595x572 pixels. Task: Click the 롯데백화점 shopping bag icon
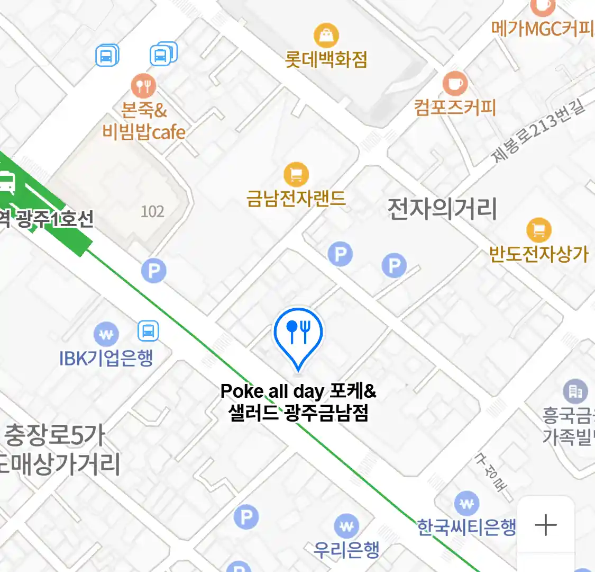pyautogui.click(x=326, y=35)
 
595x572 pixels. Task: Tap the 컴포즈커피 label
pyautogui.click(x=455, y=108)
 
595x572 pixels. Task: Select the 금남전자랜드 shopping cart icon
pyautogui.click(x=296, y=174)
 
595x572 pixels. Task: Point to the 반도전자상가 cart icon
pyautogui.click(x=539, y=230)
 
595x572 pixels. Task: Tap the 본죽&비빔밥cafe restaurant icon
pyautogui.click(x=143, y=85)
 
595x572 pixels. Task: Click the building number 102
pyautogui.click(x=152, y=212)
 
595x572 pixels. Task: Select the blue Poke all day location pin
pyautogui.click(x=298, y=334)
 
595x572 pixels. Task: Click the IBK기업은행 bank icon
pyautogui.click(x=106, y=334)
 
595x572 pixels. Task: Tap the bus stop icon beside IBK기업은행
pyautogui.click(x=148, y=331)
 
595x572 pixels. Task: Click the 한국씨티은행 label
pyautogui.click(x=466, y=527)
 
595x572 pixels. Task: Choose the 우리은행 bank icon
pyautogui.click(x=346, y=526)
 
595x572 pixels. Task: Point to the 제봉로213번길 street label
pyautogui.click(x=538, y=130)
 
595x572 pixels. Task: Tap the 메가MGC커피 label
pyautogui.click(x=543, y=29)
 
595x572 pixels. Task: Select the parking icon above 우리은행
pyautogui.click(x=246, y=517)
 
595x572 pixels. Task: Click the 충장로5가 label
pyautogui.click(x=54, y=435)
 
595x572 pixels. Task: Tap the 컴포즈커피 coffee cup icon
pyautogui.click(x=455, y=83)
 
